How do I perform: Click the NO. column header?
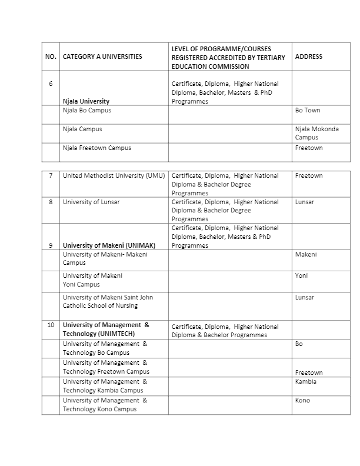pos(51,57)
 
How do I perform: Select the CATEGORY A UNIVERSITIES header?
pos(102,57)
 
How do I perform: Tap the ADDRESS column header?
pos(308,57)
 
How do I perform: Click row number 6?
pos(51,84)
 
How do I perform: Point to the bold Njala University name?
pos(86,101)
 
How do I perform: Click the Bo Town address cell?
pos(308,111)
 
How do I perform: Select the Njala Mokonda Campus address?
pos(316,133)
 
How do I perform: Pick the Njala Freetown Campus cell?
pos(97,148)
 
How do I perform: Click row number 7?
pos(51,176)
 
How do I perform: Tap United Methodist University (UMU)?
pos(114,176)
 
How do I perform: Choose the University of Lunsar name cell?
pos(91,202)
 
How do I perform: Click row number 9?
pos(51,245)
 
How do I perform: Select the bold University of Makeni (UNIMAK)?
pos(109,245)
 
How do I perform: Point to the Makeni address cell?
pos(306,255)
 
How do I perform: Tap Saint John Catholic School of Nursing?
pos(108,301)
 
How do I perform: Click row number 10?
pos(51,325)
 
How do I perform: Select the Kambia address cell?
pos(306,382)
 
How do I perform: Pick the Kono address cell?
pos(302,401)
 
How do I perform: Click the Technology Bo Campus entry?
pos(96,348)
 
